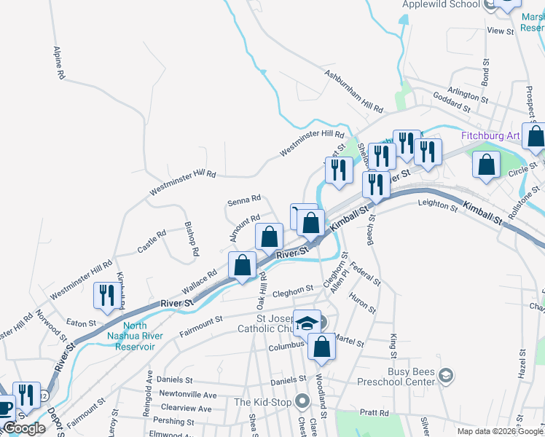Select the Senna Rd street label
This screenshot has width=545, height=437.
pyautogui.click(x=244, y=199)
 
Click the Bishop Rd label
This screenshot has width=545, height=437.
pyautogui.click(x=192, y=239)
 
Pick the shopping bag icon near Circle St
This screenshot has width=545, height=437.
pyautogui.click(x=486, y=165)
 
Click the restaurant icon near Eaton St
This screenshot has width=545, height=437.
pyautogui.click(x=106, y=296)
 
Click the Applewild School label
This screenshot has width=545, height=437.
pyautogui.click(x=442, y=4)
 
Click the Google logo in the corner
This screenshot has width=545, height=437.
pyautogui.click(x=24, y=428)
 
